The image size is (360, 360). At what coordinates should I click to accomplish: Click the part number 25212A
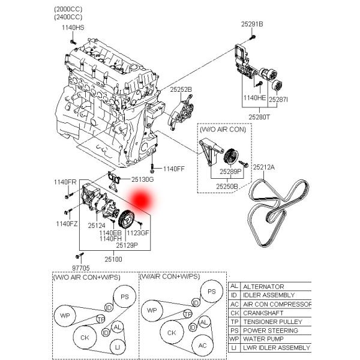263,167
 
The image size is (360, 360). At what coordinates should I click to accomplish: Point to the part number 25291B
252,24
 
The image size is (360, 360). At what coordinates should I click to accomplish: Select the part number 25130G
143,179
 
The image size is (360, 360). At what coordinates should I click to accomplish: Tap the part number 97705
81,268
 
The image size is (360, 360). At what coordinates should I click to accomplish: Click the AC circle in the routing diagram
202,346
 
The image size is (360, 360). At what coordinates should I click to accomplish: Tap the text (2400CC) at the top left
69,18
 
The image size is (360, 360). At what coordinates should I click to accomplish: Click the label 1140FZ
67,224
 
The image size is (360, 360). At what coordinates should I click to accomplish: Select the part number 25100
113,259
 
